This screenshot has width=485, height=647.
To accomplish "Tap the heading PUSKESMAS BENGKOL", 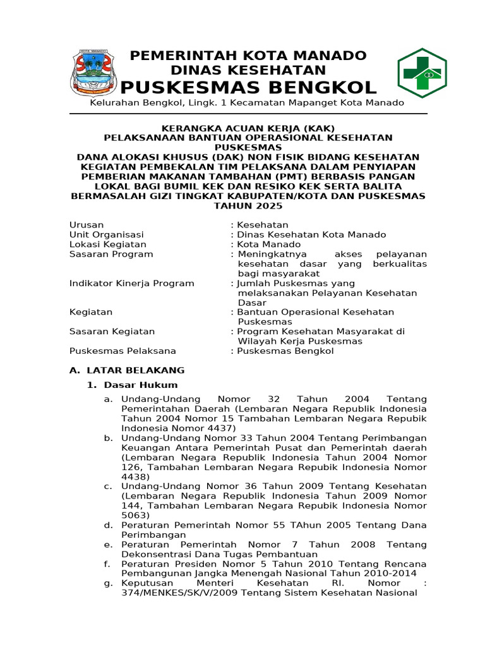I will (x=248, y=87).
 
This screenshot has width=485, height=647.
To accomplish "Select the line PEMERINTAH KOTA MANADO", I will (x=248, y=56).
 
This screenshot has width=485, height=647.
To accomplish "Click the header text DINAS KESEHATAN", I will (x=248, y=70).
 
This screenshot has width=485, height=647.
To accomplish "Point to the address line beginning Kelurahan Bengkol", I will (x=246, y=102).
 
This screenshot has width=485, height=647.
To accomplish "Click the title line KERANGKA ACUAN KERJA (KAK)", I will (x=248, y=128).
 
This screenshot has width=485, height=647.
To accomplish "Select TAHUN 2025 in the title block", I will (x=248, y=205).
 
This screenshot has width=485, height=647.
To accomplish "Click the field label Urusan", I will (x=87, y=225).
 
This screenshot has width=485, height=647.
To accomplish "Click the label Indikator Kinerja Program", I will (x=131, y=283).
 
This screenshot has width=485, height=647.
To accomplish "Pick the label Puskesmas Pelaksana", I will (x=123, y=351).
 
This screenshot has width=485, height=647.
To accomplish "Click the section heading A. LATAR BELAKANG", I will (x=126, y=370).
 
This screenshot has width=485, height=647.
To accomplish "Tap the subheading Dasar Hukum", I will (x=140, y=385).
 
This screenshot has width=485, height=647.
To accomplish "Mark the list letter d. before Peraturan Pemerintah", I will (x=108, y=525).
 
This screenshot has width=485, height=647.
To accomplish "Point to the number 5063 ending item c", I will (x=135, y=515).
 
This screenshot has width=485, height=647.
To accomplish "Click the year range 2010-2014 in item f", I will (x=402, y=573).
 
